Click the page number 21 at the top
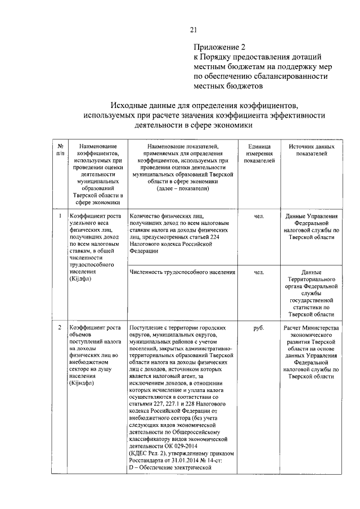[x=193, y=29]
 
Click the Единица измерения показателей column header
[x=259, y=153]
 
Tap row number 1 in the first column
[x=60, y=215]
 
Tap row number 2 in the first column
[x=60, y=327]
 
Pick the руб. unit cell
[x=259, y=327]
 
